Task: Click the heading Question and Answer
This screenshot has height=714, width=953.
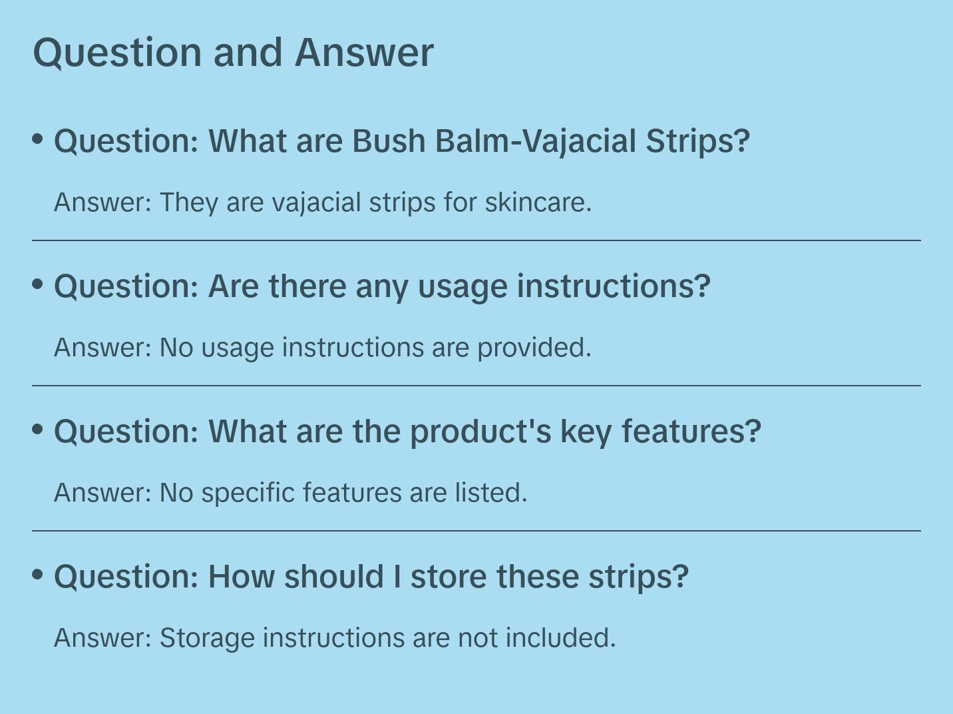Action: pos(233,53)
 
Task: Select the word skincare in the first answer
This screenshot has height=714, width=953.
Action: pos(538,202)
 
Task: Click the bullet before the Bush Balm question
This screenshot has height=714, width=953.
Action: pos(38,139)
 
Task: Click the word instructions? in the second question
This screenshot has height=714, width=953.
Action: pos(614,286)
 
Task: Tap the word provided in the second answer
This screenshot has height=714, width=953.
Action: pos(534,348)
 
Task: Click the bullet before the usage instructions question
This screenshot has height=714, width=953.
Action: pos(38,284)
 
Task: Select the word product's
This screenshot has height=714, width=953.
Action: pos(480,432)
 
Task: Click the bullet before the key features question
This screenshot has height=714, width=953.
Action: pos(38,430)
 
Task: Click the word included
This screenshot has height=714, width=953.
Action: pos(560,638)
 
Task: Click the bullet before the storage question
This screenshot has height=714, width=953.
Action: pos(38,575)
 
